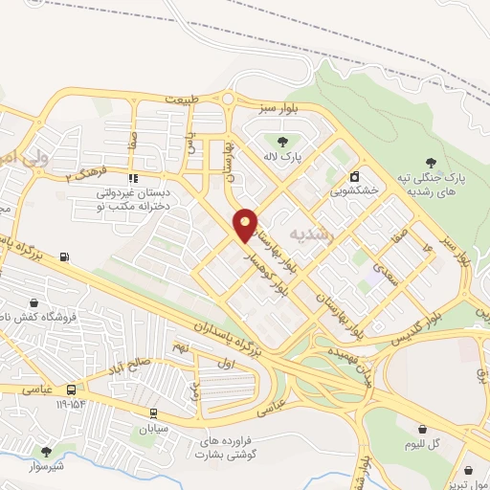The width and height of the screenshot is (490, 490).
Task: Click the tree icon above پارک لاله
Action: point(282,143)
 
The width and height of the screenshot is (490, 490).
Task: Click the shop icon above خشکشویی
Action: point(355,177)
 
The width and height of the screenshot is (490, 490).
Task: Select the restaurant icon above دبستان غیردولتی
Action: point(133,178)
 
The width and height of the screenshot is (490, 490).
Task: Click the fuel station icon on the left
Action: point(64,256)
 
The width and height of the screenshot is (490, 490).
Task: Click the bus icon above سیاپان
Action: point(152,413)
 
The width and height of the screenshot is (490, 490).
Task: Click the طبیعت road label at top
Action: point(185,100)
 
